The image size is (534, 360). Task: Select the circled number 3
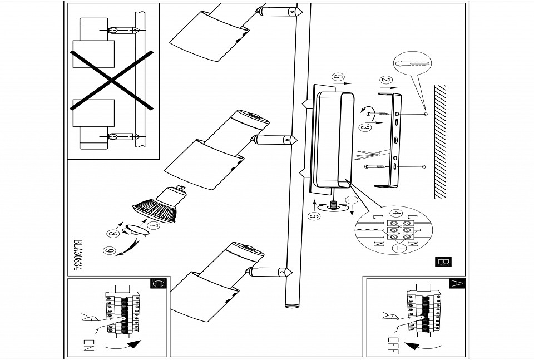click(x=365, y=127)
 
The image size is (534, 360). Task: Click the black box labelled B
click(x=443, y=262)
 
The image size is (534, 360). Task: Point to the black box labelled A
click(x=457, y=283)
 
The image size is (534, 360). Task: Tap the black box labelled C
click(x=158, y=284)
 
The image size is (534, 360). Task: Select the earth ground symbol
click(x=397, y=249)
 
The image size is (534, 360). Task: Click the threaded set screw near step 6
click(x=334, y=205)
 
